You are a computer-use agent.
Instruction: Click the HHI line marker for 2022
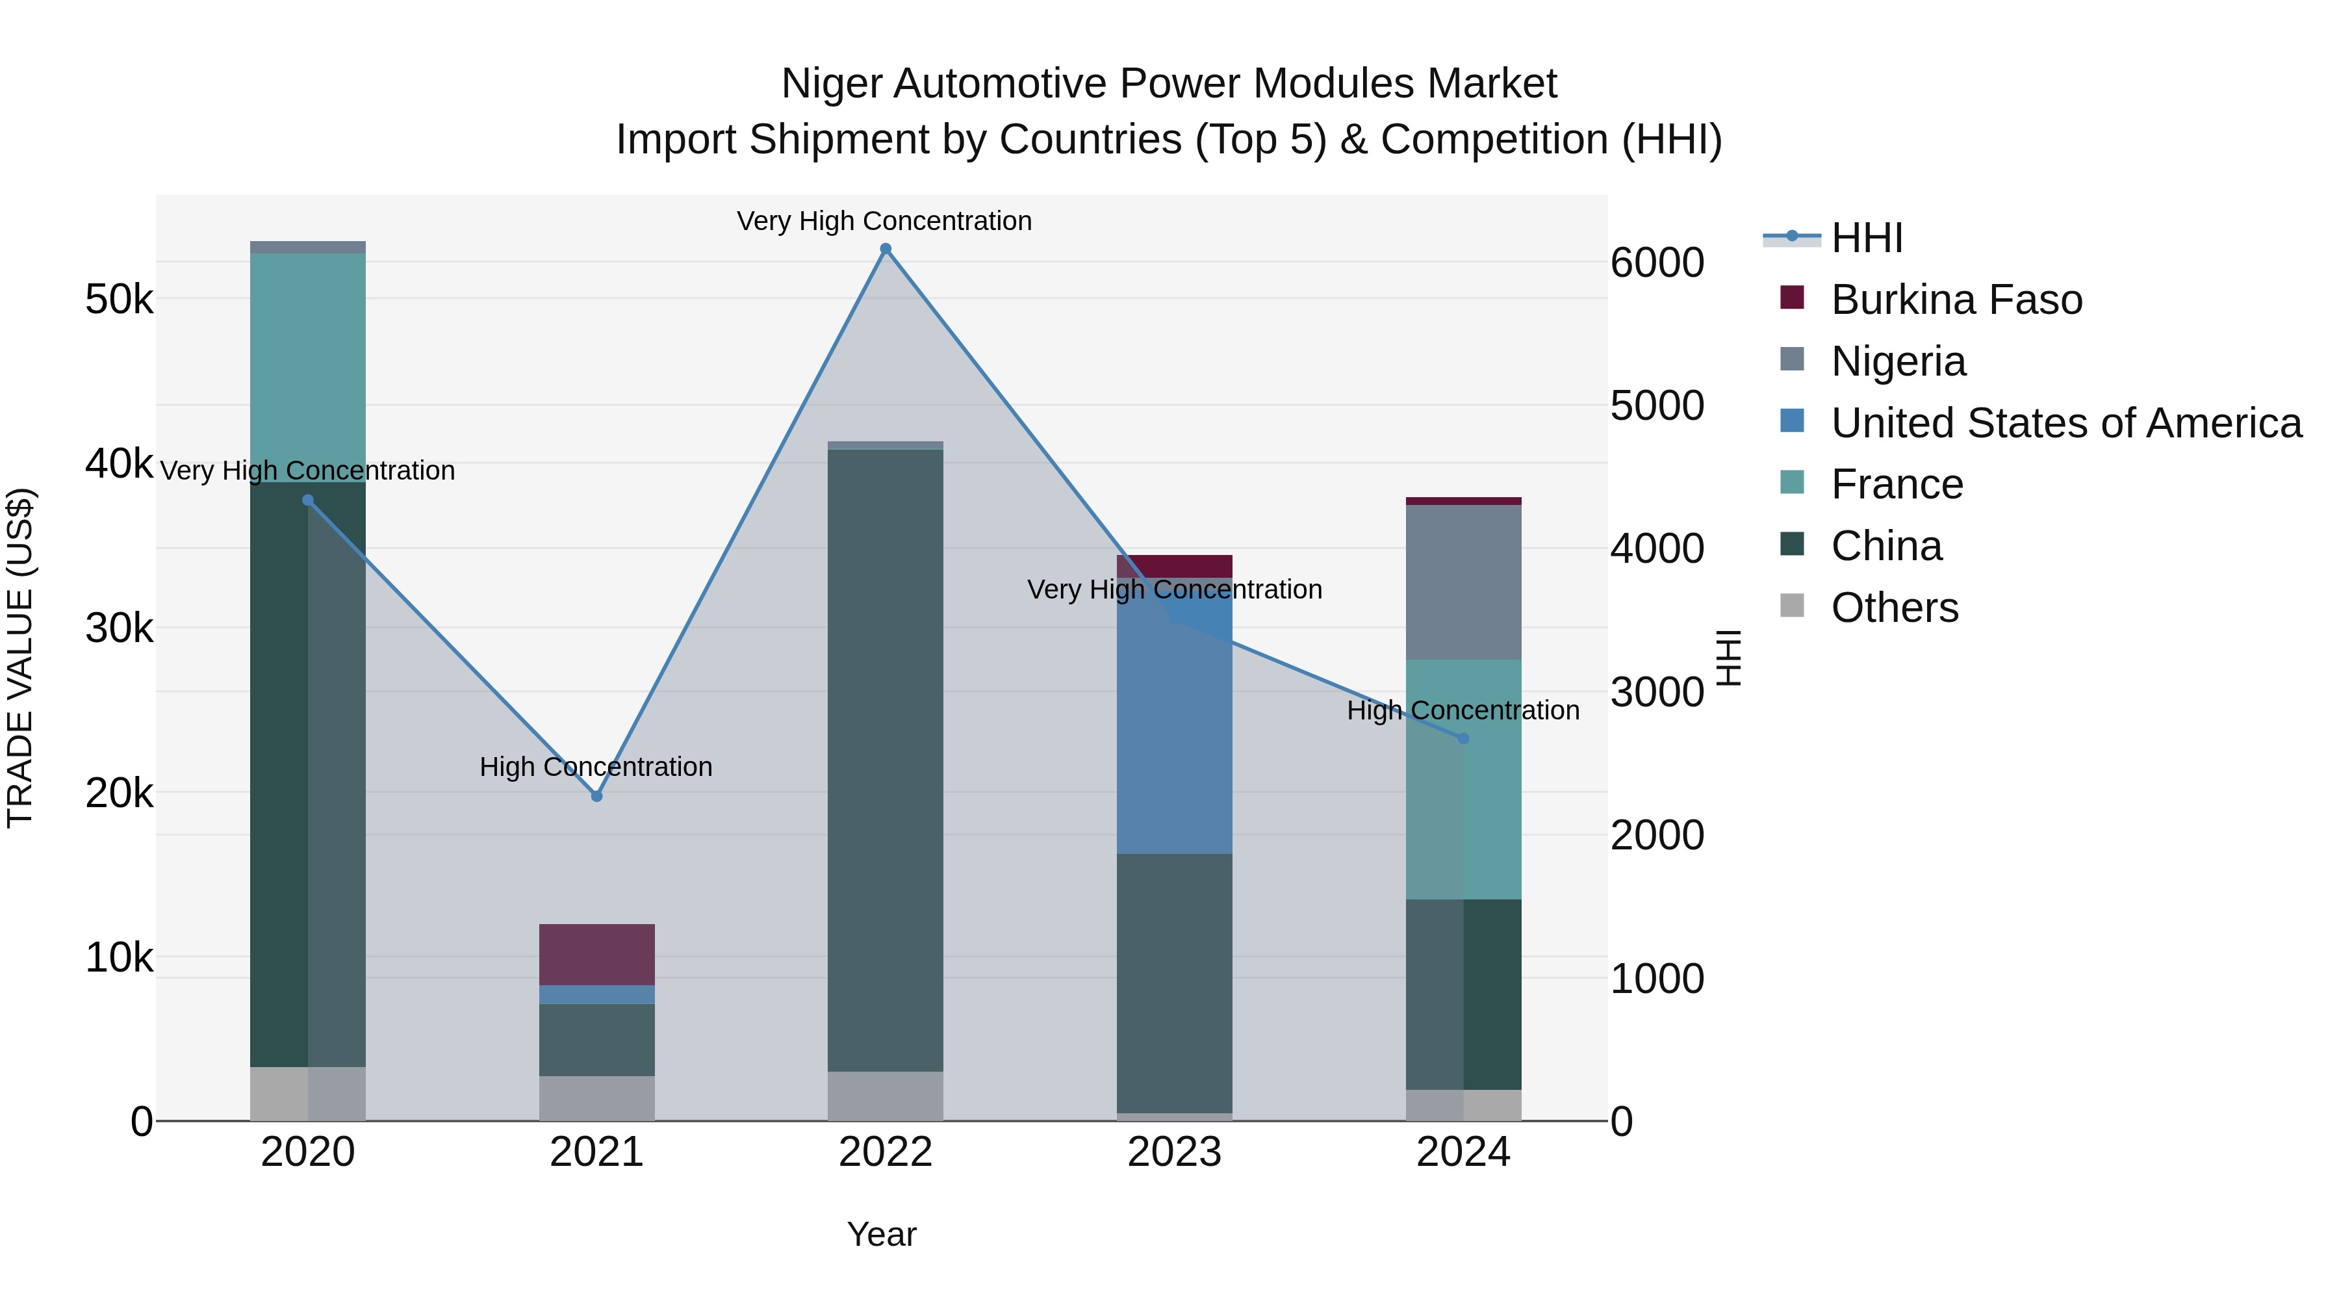pyautogui.click(x=886, y=249)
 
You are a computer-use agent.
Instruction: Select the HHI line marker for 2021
pyautogui.click(x=596, y=797)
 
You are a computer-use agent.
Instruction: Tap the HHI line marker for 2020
pyautogui.click(x=308, y=500)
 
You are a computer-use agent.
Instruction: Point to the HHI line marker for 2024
pyautogui.click(x=1463, y=738)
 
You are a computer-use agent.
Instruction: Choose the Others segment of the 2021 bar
pyautogui.click(x=596, y=1098)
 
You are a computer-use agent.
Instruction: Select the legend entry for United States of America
pyautogui.click(x=2065, y=423)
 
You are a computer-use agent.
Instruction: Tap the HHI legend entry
pyautogui.click(x=1866, y=238)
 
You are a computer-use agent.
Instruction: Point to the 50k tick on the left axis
pyautogui.click(x=119, y=299)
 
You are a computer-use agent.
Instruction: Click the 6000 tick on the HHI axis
pyautogui.click(x=1657, y=263)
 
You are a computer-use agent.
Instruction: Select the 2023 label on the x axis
pyautogui.click(x=1174, y=1152)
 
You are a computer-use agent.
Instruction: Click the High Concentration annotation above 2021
pyautogui.click(x=596, y=767)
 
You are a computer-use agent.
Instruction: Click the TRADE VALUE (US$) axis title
pyautogui.click(x=20, y=658)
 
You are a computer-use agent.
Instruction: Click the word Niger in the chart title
pyautogui.click(x=831, y=84)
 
